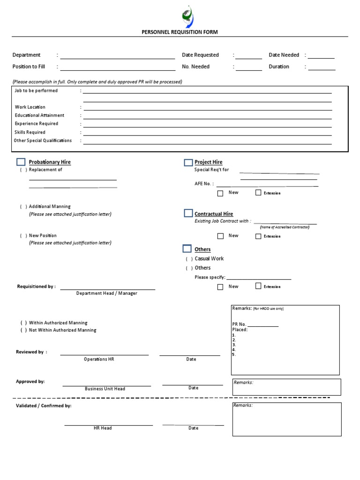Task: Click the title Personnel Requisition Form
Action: coord(180,32)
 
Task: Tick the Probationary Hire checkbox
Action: coord(21,162)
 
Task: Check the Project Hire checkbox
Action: coord(188,163)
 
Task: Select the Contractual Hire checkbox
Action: coord(188,213)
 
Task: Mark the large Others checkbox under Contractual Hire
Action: coord(187,248)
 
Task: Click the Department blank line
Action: coord(117,56)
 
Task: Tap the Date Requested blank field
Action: coord(249,56)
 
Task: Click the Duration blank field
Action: coord(322,67)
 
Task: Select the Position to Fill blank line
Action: coord(117,67)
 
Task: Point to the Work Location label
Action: coord(30,107)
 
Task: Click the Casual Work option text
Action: coord(209,259)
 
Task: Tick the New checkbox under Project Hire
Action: coord(220,193)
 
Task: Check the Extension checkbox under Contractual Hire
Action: coord(258,236)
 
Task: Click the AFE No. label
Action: coord(204,184)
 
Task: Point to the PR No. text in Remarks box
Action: coord(239,324)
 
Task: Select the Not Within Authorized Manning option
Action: coord(62,330)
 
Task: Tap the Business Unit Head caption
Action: coord(105,389)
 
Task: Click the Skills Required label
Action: coord(30,132)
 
